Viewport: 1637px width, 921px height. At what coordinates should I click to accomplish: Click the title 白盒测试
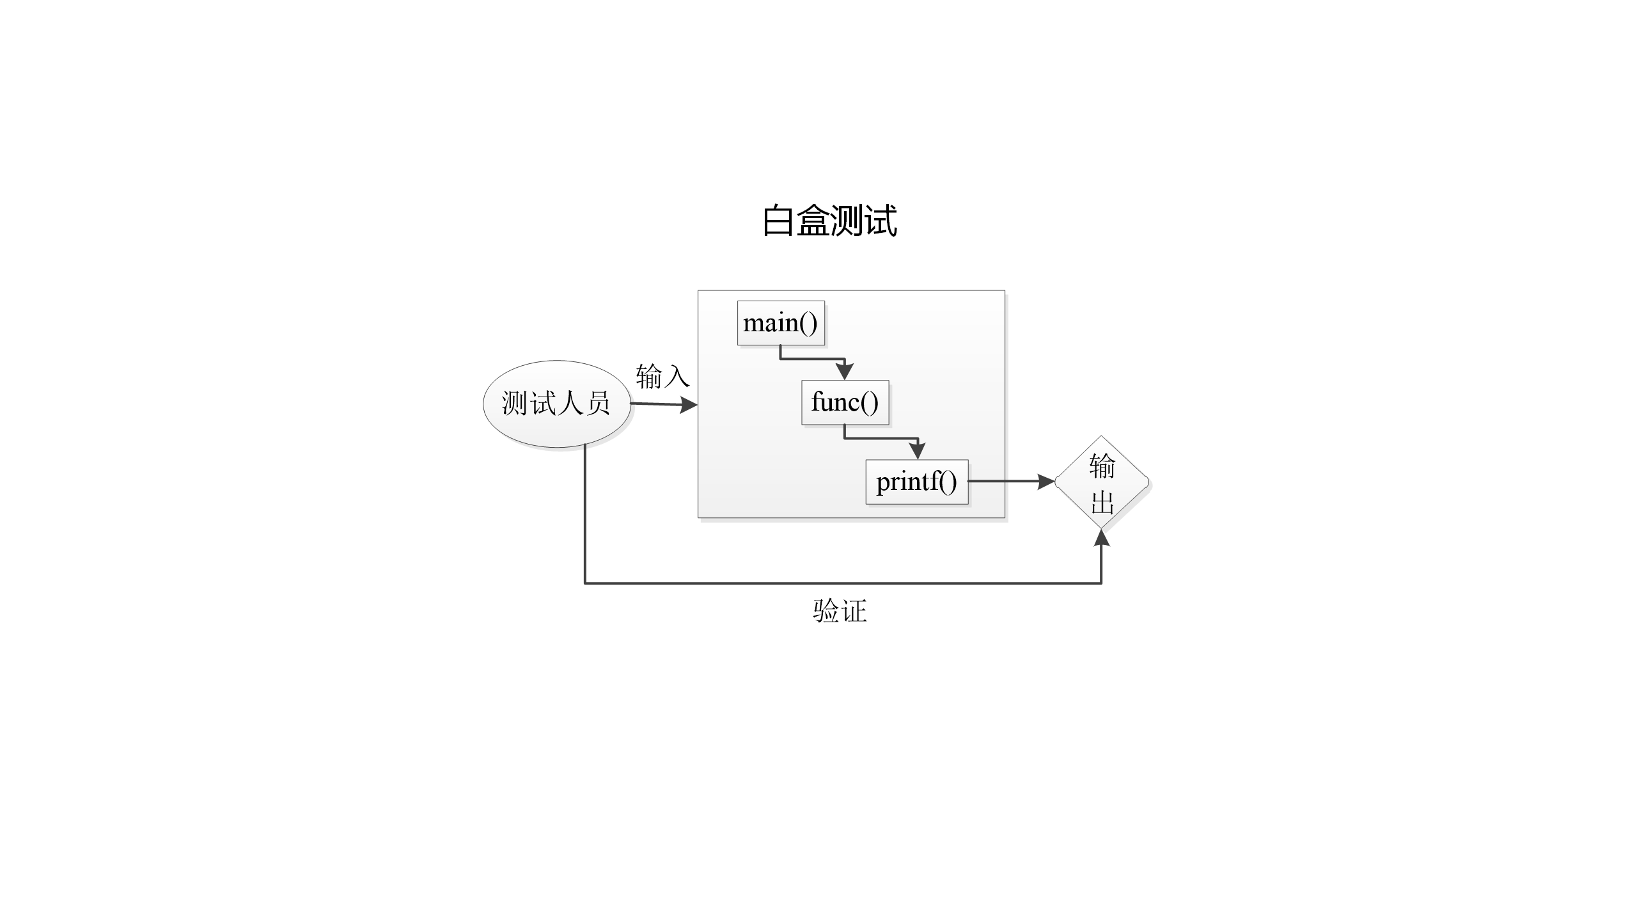[829, 221]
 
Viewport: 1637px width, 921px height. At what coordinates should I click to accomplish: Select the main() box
[781, 323]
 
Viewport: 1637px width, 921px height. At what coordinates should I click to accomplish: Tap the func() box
[845, 402]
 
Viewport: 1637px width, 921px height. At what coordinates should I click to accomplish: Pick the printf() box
[916, 482]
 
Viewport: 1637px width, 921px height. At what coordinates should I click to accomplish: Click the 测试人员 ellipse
[557, 404]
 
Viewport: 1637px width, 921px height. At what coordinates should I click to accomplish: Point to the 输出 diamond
[1102, 482]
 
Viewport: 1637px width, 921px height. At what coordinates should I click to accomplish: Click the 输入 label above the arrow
[662, 376]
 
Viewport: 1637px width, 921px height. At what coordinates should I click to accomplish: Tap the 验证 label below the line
[840, 611]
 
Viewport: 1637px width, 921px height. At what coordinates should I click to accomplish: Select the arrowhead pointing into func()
[845, 372]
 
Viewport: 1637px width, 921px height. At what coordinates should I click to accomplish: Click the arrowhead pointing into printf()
[917, 451]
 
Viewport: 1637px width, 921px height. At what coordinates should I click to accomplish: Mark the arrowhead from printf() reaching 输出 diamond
[1046, 482]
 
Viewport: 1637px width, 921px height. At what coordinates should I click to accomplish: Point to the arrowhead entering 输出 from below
[1101, 539]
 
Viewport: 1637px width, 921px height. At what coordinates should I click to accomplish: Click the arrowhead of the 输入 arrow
[689, 405]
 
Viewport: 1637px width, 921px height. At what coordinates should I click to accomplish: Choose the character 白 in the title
[778, 221]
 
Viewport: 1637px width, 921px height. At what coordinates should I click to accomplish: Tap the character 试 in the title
[881, 221]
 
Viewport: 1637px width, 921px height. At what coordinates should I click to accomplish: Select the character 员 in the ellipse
[597, 404]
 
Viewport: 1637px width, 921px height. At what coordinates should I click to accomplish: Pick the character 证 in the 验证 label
[854, 611]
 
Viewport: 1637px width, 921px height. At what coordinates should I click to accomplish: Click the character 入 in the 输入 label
[677, 377]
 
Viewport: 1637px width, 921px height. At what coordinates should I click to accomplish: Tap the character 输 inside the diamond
[1102, 466]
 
